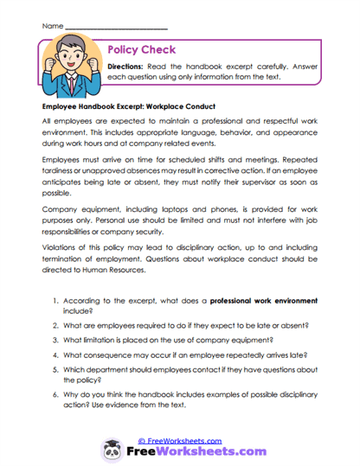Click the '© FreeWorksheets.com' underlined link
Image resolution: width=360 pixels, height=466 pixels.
coord(179,440)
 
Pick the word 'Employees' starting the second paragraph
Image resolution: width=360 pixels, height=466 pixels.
coord(63,160)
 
